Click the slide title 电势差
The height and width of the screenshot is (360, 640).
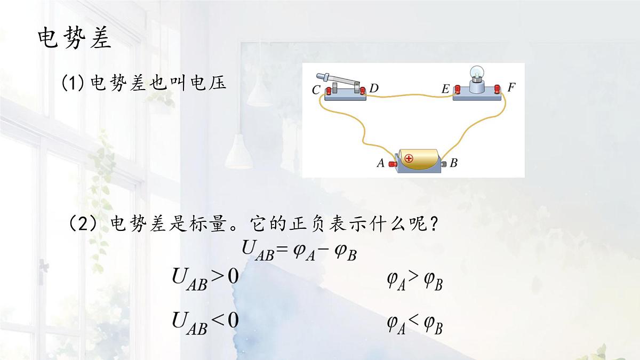click(x=75, y=38)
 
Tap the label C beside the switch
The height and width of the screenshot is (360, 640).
click(x=316, y=90)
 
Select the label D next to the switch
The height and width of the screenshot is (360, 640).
click(x=374, y=89)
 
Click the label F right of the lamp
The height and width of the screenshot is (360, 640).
click(x=511, y=87)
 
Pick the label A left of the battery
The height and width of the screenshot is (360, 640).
click(x=381, y=163)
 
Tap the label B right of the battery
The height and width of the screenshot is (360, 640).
click(x=454, y=163)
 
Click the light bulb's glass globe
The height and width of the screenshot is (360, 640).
click(x=477, y=73)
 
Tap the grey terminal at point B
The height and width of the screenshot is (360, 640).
click(x=444, y=164)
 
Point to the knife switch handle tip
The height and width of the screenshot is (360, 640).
click(x=319, y=76)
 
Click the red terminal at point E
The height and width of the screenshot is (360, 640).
click(x=458, y=89)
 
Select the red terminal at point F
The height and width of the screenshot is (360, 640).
click(x=497, y=89)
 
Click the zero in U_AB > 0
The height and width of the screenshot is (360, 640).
click(x=233, y=276)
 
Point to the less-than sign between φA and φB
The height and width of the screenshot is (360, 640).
click(x=414, y=322)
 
